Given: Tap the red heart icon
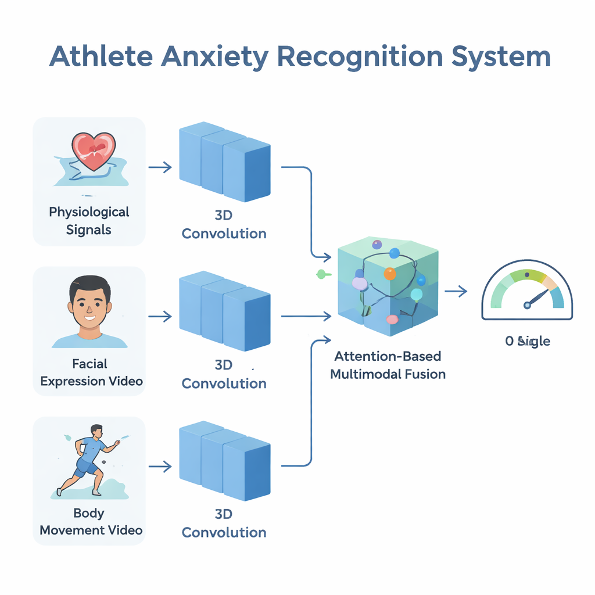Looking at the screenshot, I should [93, 150].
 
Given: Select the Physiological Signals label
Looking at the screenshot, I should [89, 220].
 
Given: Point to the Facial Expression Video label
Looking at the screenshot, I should [91, 372].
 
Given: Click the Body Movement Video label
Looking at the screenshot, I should [91, 521].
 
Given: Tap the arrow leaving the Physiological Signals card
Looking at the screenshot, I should [160, 167].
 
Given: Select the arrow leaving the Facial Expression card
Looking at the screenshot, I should [160, 317].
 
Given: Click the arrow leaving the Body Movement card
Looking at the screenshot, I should [160, 466].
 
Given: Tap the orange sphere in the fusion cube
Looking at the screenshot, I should [389, 273].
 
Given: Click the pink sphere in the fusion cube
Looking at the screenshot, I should [392, 319].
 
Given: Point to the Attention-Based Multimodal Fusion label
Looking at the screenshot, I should [388, 365].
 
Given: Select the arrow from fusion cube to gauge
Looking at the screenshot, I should [456, 292].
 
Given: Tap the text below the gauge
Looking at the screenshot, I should [527, 341].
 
